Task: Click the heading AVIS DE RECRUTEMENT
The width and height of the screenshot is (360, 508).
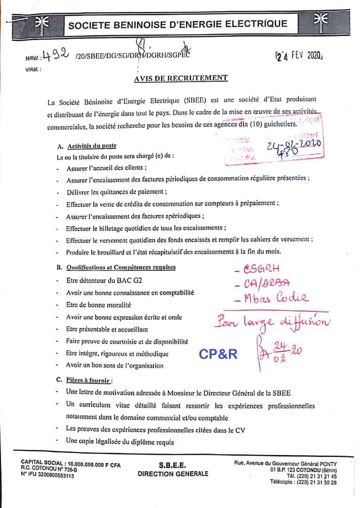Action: [x=181, y=78]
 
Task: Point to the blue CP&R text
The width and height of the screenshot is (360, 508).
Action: [x=218, y=354]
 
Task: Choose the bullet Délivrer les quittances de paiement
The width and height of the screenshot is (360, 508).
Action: [x=117, y=192]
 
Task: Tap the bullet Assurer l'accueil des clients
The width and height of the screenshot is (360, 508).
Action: [x=106, y=167]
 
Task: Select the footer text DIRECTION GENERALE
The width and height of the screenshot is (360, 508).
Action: [x=173, y=474]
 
